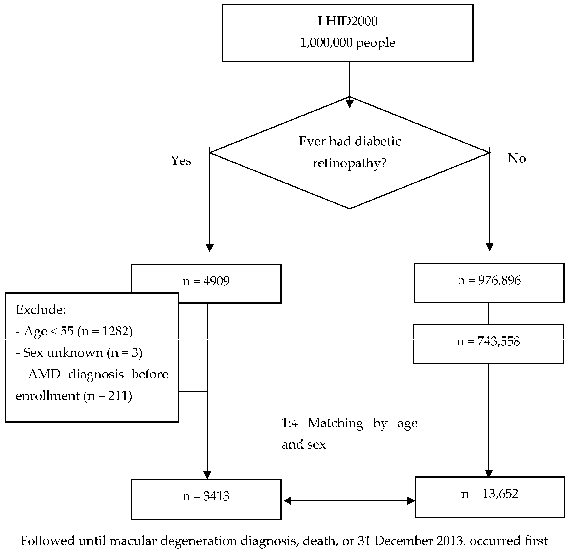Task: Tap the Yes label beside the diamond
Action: click(181, 160)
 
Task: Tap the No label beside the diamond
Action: click(517, 158)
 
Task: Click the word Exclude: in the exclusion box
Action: click(41, 310)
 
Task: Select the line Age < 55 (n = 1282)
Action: click(74, 331)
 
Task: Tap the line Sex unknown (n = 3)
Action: click(79, 353)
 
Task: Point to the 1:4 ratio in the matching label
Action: click(290, 423)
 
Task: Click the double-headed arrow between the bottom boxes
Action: click(349, 501)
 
